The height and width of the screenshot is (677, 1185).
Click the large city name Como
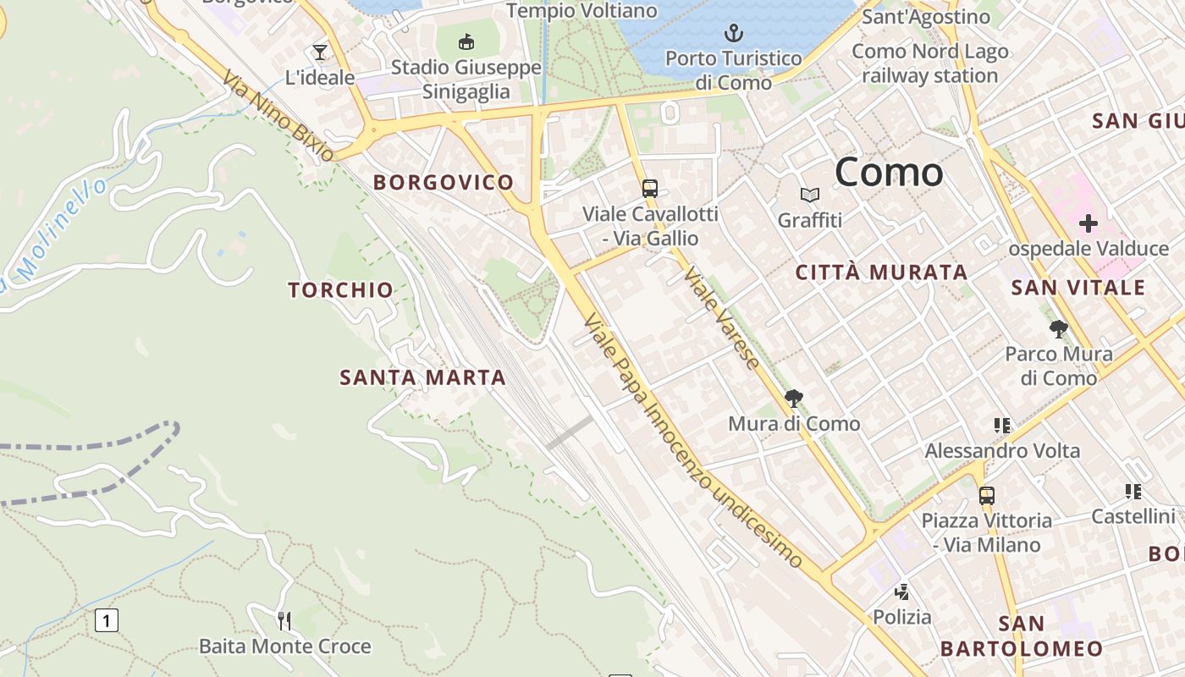(x=889, y=173)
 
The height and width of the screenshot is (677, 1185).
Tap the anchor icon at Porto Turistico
(x=734, y=34)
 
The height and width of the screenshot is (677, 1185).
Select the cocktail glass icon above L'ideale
(x=319, y=52)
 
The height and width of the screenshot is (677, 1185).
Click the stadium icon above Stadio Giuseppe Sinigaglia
(x=466, y=41)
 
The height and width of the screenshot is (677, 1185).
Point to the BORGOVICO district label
(x=444, y=182)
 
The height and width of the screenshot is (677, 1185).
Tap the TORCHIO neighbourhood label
(x=340, y=290)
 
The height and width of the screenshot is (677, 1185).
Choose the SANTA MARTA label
(x=422, y=377)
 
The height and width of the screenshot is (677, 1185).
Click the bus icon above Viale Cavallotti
(x=649, y=189)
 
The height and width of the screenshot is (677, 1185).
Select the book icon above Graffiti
(x=810, y=195)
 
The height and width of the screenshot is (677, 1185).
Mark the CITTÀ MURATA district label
(x=881, y=272)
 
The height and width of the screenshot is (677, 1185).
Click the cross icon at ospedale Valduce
(x=1088, y=223)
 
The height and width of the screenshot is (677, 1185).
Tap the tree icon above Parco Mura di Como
(x=1058, y=329)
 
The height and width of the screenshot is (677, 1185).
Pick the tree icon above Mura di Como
(x=794, y=399)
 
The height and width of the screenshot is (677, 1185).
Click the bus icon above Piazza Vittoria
(x=986, y=496)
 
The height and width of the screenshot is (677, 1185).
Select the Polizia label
(x=902, y=617)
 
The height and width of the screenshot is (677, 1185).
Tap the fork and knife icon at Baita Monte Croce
(x=284, y=621)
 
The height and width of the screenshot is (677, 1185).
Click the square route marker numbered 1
(x=106, y=620)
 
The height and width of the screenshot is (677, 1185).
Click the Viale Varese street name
(x=721, y=318)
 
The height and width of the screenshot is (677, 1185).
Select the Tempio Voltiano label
(x=581, y=10)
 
